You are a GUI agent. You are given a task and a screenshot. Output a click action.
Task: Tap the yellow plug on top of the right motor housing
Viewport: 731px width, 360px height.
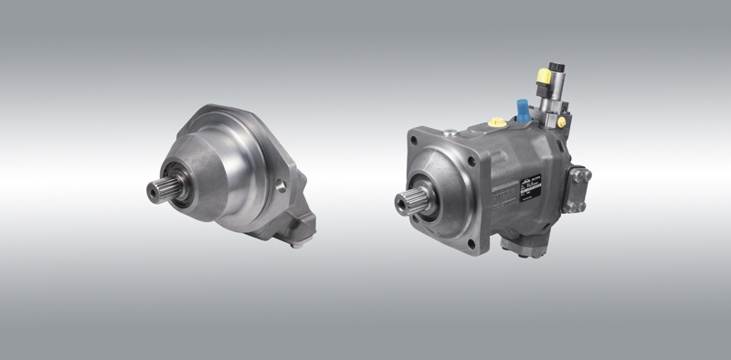coord(496,122)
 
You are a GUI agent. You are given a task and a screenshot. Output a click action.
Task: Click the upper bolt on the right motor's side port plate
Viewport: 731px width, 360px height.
coord(583,174)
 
